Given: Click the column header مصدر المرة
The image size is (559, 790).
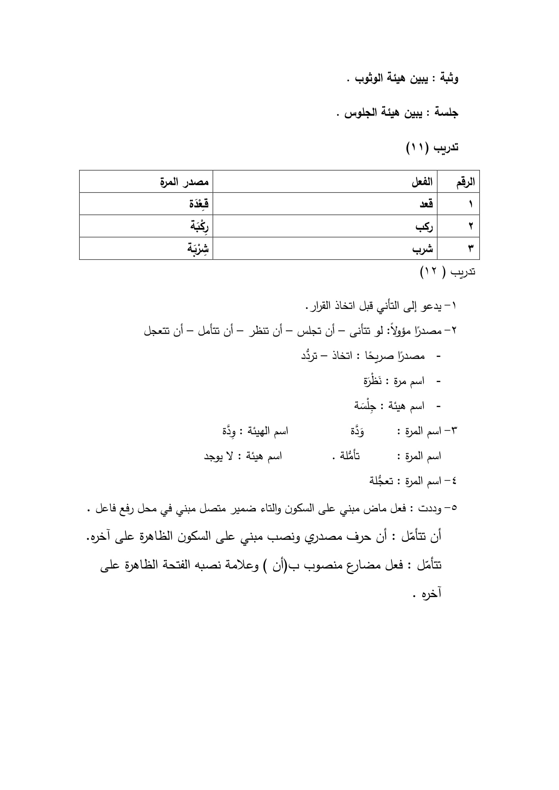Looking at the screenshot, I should (x=184, y=181).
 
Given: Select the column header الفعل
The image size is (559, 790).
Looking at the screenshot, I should (x=422, y=182).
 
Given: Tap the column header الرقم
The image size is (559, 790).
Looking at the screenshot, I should (x=465, y=182).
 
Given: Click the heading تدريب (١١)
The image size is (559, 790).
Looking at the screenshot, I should (x=432, y=148).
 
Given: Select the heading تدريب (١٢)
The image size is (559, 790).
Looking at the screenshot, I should (x=447, y=272).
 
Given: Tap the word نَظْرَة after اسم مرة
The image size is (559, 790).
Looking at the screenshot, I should (x=373, y=381).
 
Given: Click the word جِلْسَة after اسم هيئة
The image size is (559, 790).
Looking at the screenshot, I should (x=365, y=406).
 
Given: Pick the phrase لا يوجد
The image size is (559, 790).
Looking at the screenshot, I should (x=219, y=457).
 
